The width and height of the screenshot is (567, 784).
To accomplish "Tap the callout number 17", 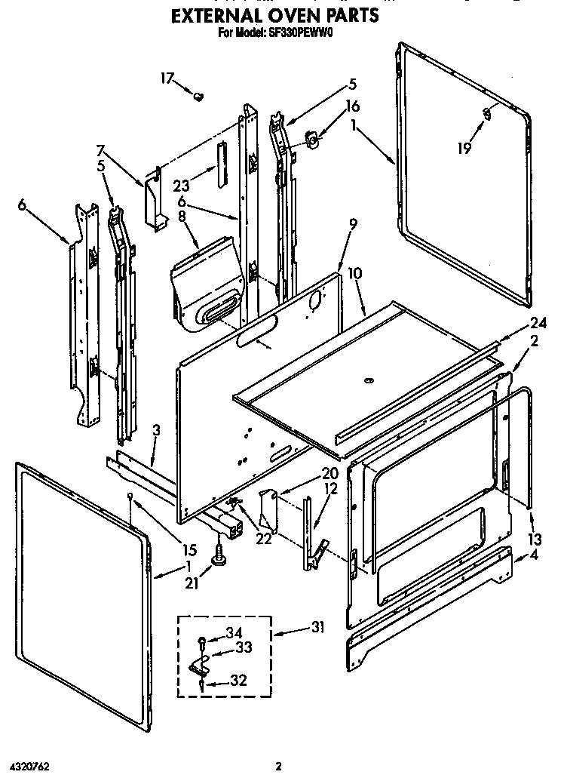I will [167, 78].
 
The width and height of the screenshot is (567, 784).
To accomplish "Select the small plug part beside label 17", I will [199, 96].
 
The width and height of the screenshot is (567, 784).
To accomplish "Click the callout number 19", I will [464, 148].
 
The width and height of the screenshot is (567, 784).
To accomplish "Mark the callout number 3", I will [155, 431].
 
